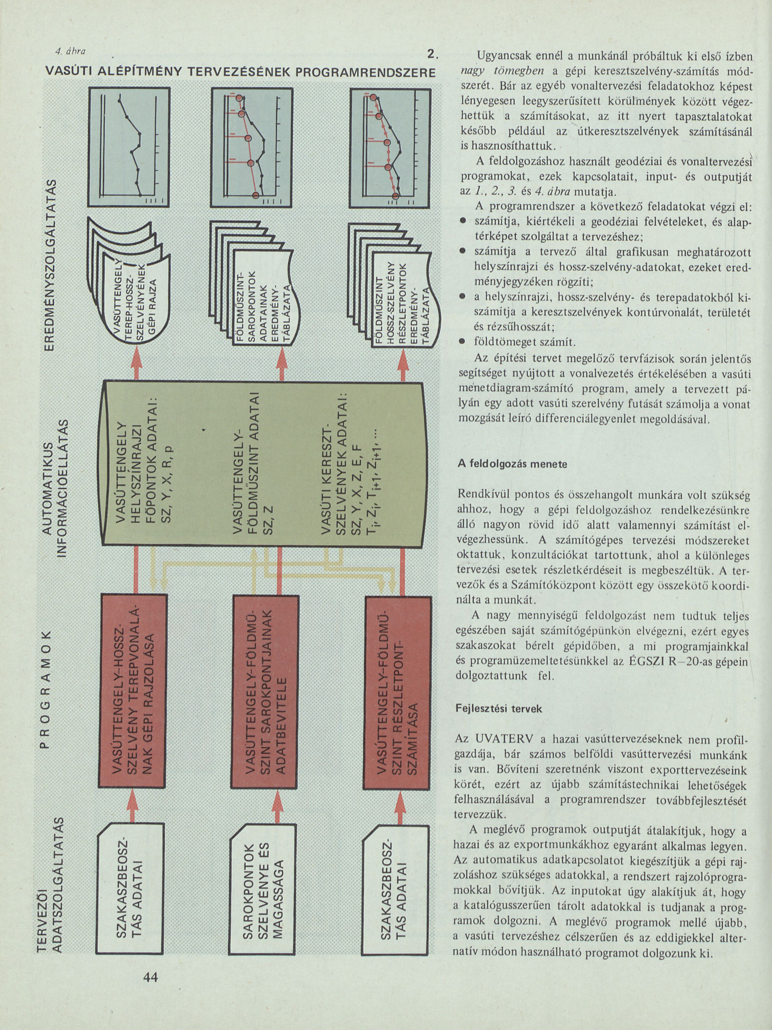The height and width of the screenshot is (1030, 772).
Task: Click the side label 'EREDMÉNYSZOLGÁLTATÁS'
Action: tap(54, 265)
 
